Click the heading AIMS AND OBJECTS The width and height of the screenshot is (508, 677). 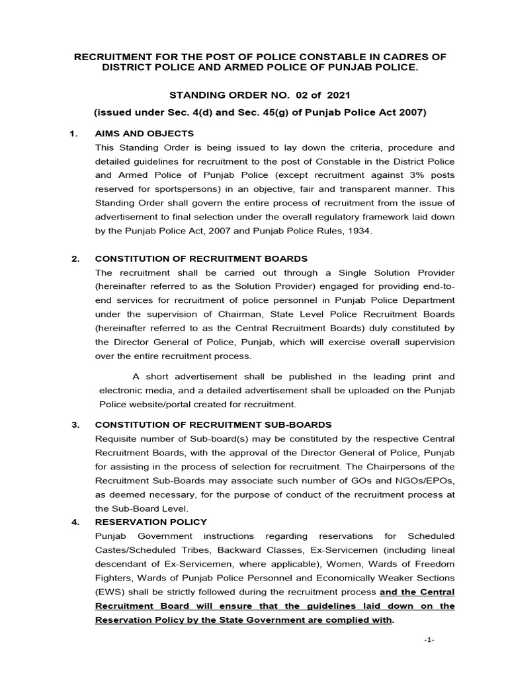coord(144,134)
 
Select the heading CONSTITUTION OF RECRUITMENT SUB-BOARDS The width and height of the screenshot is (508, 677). coord(214,424)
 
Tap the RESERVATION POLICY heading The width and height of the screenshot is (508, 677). coord(151,522)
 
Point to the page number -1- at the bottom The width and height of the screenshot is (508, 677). coord(429,641)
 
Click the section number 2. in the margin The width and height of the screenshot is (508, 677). coord(75,259)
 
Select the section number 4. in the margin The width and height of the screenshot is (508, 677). coord(75,522)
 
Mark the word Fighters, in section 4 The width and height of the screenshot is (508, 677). coord(116,577)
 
